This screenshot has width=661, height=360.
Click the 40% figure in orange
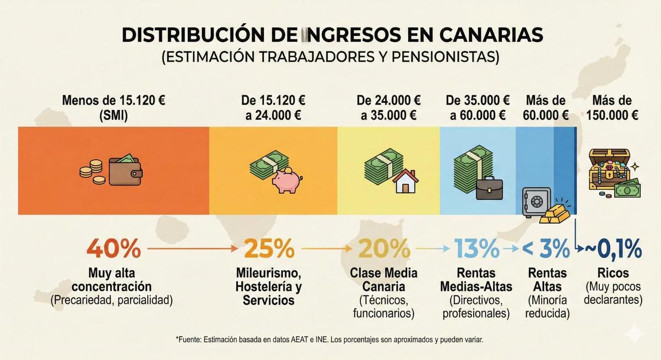coord(113,249)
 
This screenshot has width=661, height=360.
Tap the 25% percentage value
coord(269,249)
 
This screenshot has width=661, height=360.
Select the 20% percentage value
coord(384,249)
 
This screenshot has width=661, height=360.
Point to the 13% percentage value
coord(477,249)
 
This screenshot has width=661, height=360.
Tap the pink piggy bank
coord(286,181)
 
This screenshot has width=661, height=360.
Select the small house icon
coord(405,181)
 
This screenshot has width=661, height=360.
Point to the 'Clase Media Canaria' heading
coord(384,280)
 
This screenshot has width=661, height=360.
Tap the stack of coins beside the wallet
coord(92,171)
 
